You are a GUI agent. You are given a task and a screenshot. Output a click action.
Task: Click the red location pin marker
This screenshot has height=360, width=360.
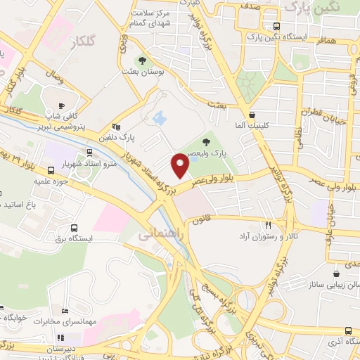click(x=180, y=167)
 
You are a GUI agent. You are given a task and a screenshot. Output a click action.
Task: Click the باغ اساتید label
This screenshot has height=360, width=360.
click(x=32, y=205)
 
